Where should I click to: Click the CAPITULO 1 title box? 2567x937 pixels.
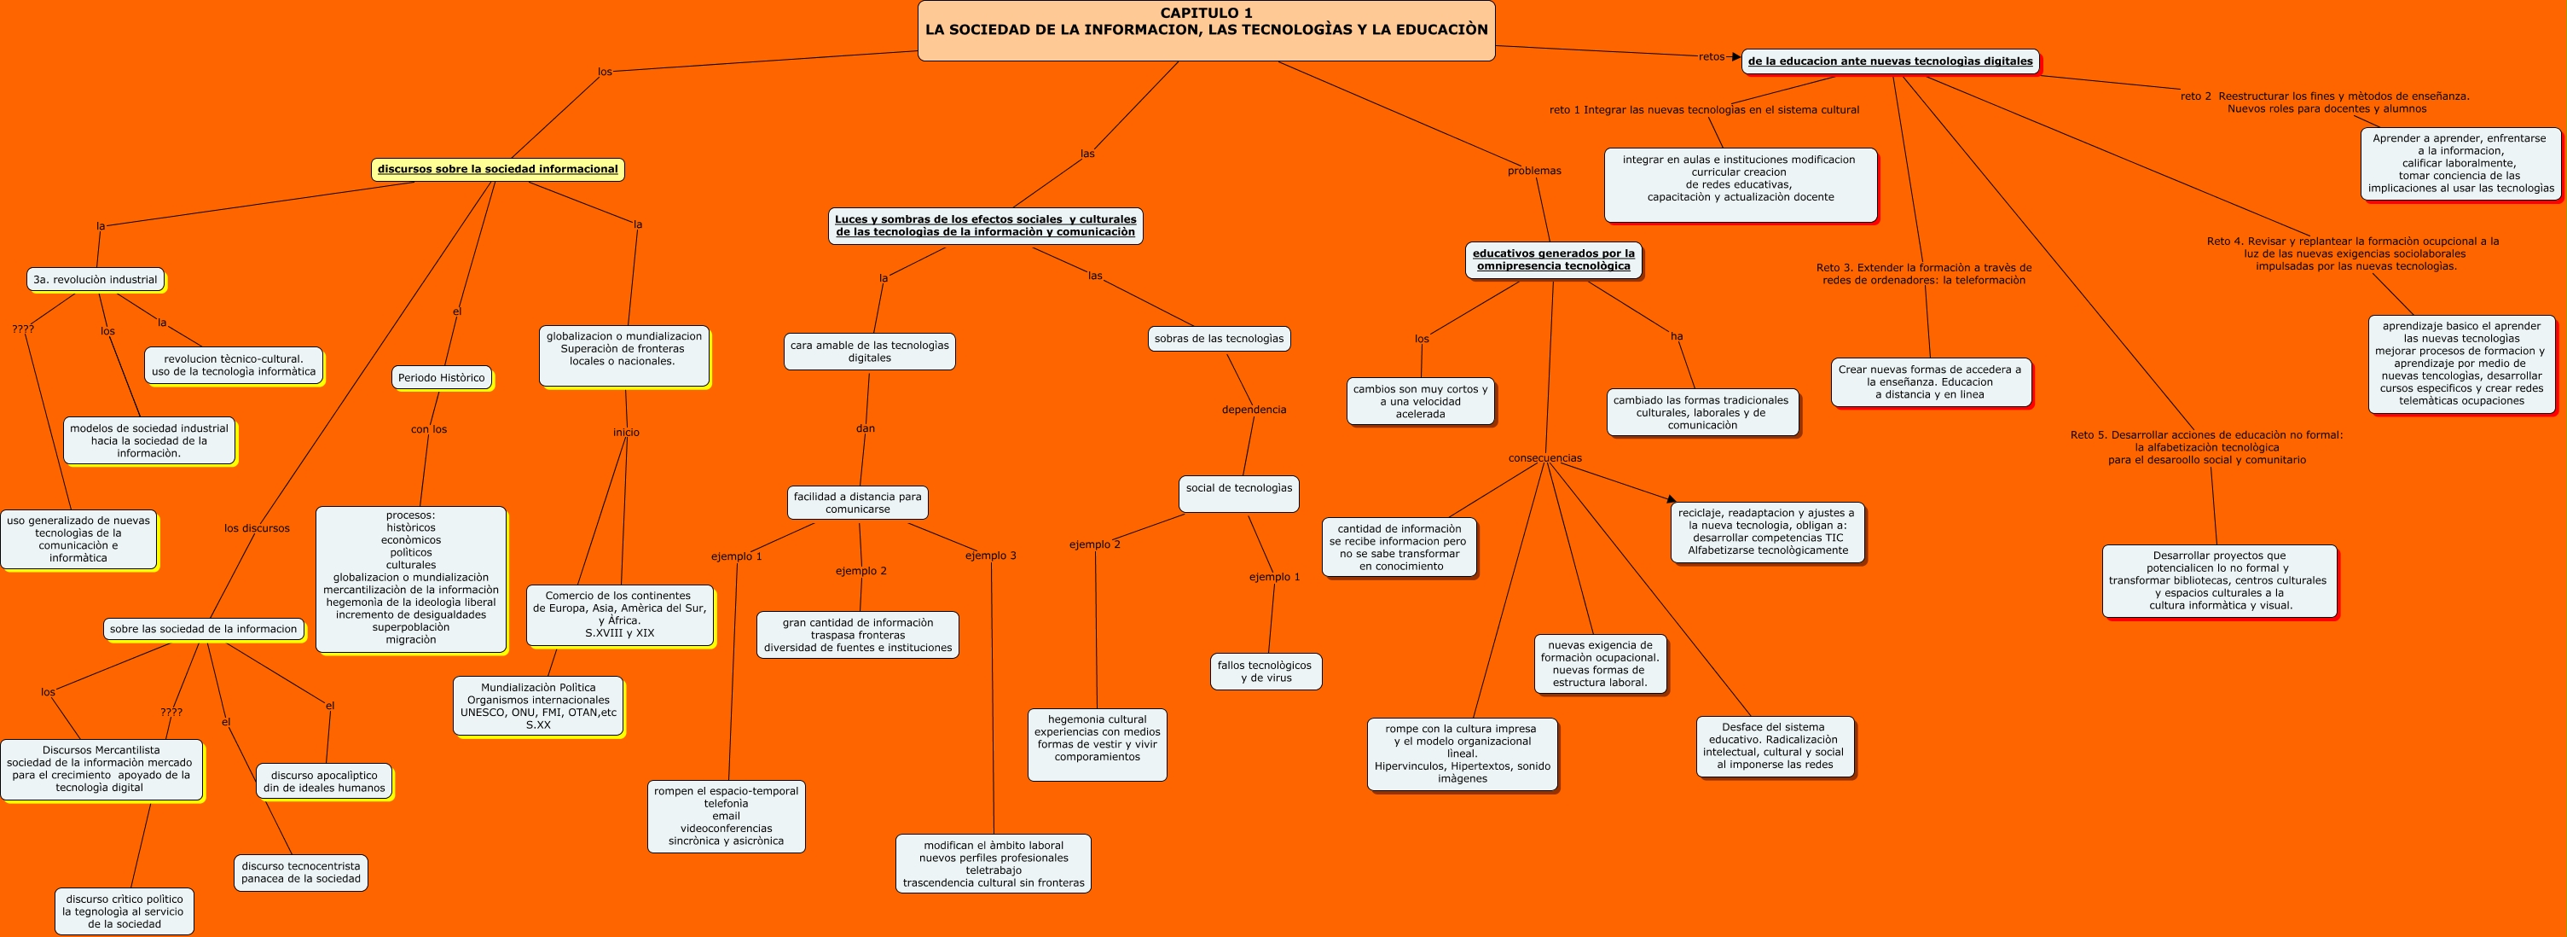pyautogui.click(x=1206, y=30)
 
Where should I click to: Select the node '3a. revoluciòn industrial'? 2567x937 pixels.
pyautogui.click(x=96, y=280)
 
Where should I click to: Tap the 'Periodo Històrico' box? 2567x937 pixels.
pyautogui.click(x=442, y=378)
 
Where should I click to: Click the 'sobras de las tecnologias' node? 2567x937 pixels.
pyautogui.click(x=1219, y=339)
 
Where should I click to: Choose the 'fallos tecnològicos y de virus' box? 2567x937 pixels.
pyautogui.click(x=1266, y=672)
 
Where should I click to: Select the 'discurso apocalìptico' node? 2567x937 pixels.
pyautogui.click(x=324, y=782)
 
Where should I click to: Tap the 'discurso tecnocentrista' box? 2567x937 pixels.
pyautogui.click(x=301, y=872)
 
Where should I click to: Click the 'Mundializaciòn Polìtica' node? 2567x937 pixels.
pyautogui.click(x=538, y=706)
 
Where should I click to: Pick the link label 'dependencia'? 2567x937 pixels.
pyautogui.click(x=1254, y=410)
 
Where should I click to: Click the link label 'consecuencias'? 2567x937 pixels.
pyautogui.click(x=1544, y=458)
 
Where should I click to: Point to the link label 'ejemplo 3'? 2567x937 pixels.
pyautogui.click(x=990, y=556)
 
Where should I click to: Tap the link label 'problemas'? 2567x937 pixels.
pyautogui.click(x=1533, y=171)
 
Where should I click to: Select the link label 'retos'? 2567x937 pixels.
pyautogui.click(x=1711, y=57)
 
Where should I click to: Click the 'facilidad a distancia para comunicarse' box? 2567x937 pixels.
pyautogui.click(x=857, y=503)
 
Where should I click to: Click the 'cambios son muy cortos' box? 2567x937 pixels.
pyautogui.click(x=1420, y=402)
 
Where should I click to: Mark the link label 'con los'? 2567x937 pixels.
pyautogui.click(x=428, y=429)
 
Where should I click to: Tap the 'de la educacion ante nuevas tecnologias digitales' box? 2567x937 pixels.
pyautogui.click(x=1889, y=61)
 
